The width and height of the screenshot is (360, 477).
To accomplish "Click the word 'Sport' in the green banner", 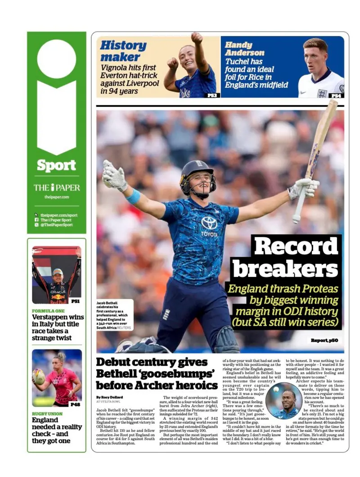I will pos(56,165).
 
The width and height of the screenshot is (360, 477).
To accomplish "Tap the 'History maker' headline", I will pos(123,51).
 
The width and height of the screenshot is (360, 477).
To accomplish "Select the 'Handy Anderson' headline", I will pos(244,49).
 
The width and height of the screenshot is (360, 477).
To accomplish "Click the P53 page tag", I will pos(212,95).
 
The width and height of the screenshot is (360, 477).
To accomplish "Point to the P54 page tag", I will pos(336,95).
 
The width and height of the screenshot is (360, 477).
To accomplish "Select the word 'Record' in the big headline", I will pos(296,246).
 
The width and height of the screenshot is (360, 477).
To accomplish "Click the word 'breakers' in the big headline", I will pos(285,269).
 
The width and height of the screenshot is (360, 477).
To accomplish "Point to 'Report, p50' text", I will pos(324,341).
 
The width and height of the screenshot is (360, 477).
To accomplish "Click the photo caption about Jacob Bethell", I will pos(114,315).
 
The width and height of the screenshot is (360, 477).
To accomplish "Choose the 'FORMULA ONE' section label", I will pos(48,311).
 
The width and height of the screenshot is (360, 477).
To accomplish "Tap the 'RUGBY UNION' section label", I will pos(47,413).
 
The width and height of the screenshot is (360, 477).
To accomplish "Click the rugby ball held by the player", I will pos(39,377).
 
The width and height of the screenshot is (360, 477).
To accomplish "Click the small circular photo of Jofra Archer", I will pos(283,400).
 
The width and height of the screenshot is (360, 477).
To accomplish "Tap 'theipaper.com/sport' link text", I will pos(59,215).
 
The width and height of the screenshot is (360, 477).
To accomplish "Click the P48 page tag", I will pos(75,404).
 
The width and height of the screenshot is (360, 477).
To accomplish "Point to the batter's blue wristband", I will pos(134,195).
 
